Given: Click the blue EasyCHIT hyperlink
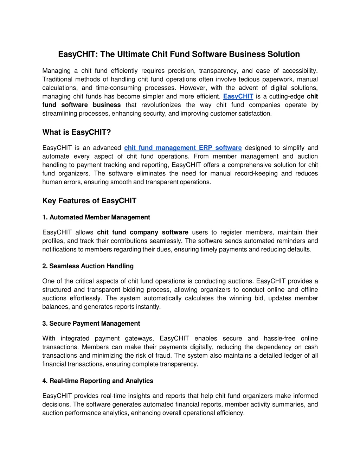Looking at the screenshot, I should [x=238, y=96].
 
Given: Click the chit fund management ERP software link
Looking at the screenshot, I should [x=183, y=148].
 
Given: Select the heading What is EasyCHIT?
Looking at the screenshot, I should [x=77, y=132].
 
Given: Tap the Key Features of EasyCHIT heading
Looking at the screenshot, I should [x=89, y=201].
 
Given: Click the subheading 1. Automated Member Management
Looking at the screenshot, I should [x=96, y=217].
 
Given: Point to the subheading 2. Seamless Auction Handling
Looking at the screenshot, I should [x=88, y=266].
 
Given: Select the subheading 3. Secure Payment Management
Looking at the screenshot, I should [x=91, y=324].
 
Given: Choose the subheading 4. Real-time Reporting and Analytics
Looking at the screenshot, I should [x=98, y=381].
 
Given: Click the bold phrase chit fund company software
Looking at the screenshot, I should [x=143, y=232].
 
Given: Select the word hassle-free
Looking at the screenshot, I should [x=279, y=338].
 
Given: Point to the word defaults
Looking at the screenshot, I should [x=301, y=249].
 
